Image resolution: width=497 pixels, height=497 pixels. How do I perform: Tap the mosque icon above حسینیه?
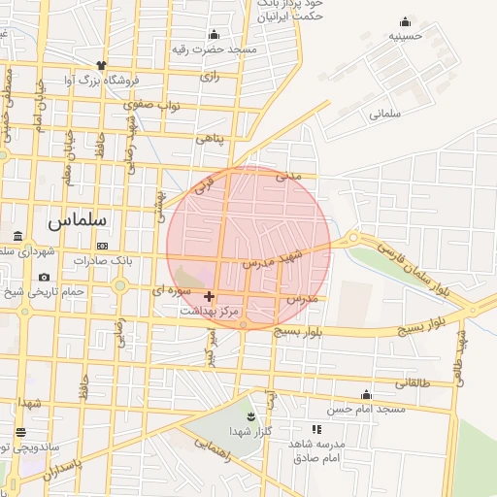click(x=404, y=22)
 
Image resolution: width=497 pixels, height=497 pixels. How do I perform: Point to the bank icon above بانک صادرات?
click(x=102, y=245)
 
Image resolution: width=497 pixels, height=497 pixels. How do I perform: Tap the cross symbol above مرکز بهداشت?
click(x=210, y=295)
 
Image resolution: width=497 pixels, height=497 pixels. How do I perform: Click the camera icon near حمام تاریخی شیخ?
click(x=45, y=278)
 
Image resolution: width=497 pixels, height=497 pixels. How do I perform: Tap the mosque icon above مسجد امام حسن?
click(x=366, y=394)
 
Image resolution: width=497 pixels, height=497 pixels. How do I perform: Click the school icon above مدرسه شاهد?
click(x=316, y=428)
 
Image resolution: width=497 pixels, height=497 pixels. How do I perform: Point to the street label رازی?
click(x=210, y=75)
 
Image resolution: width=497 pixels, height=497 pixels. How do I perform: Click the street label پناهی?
click(x=210, y=139)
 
